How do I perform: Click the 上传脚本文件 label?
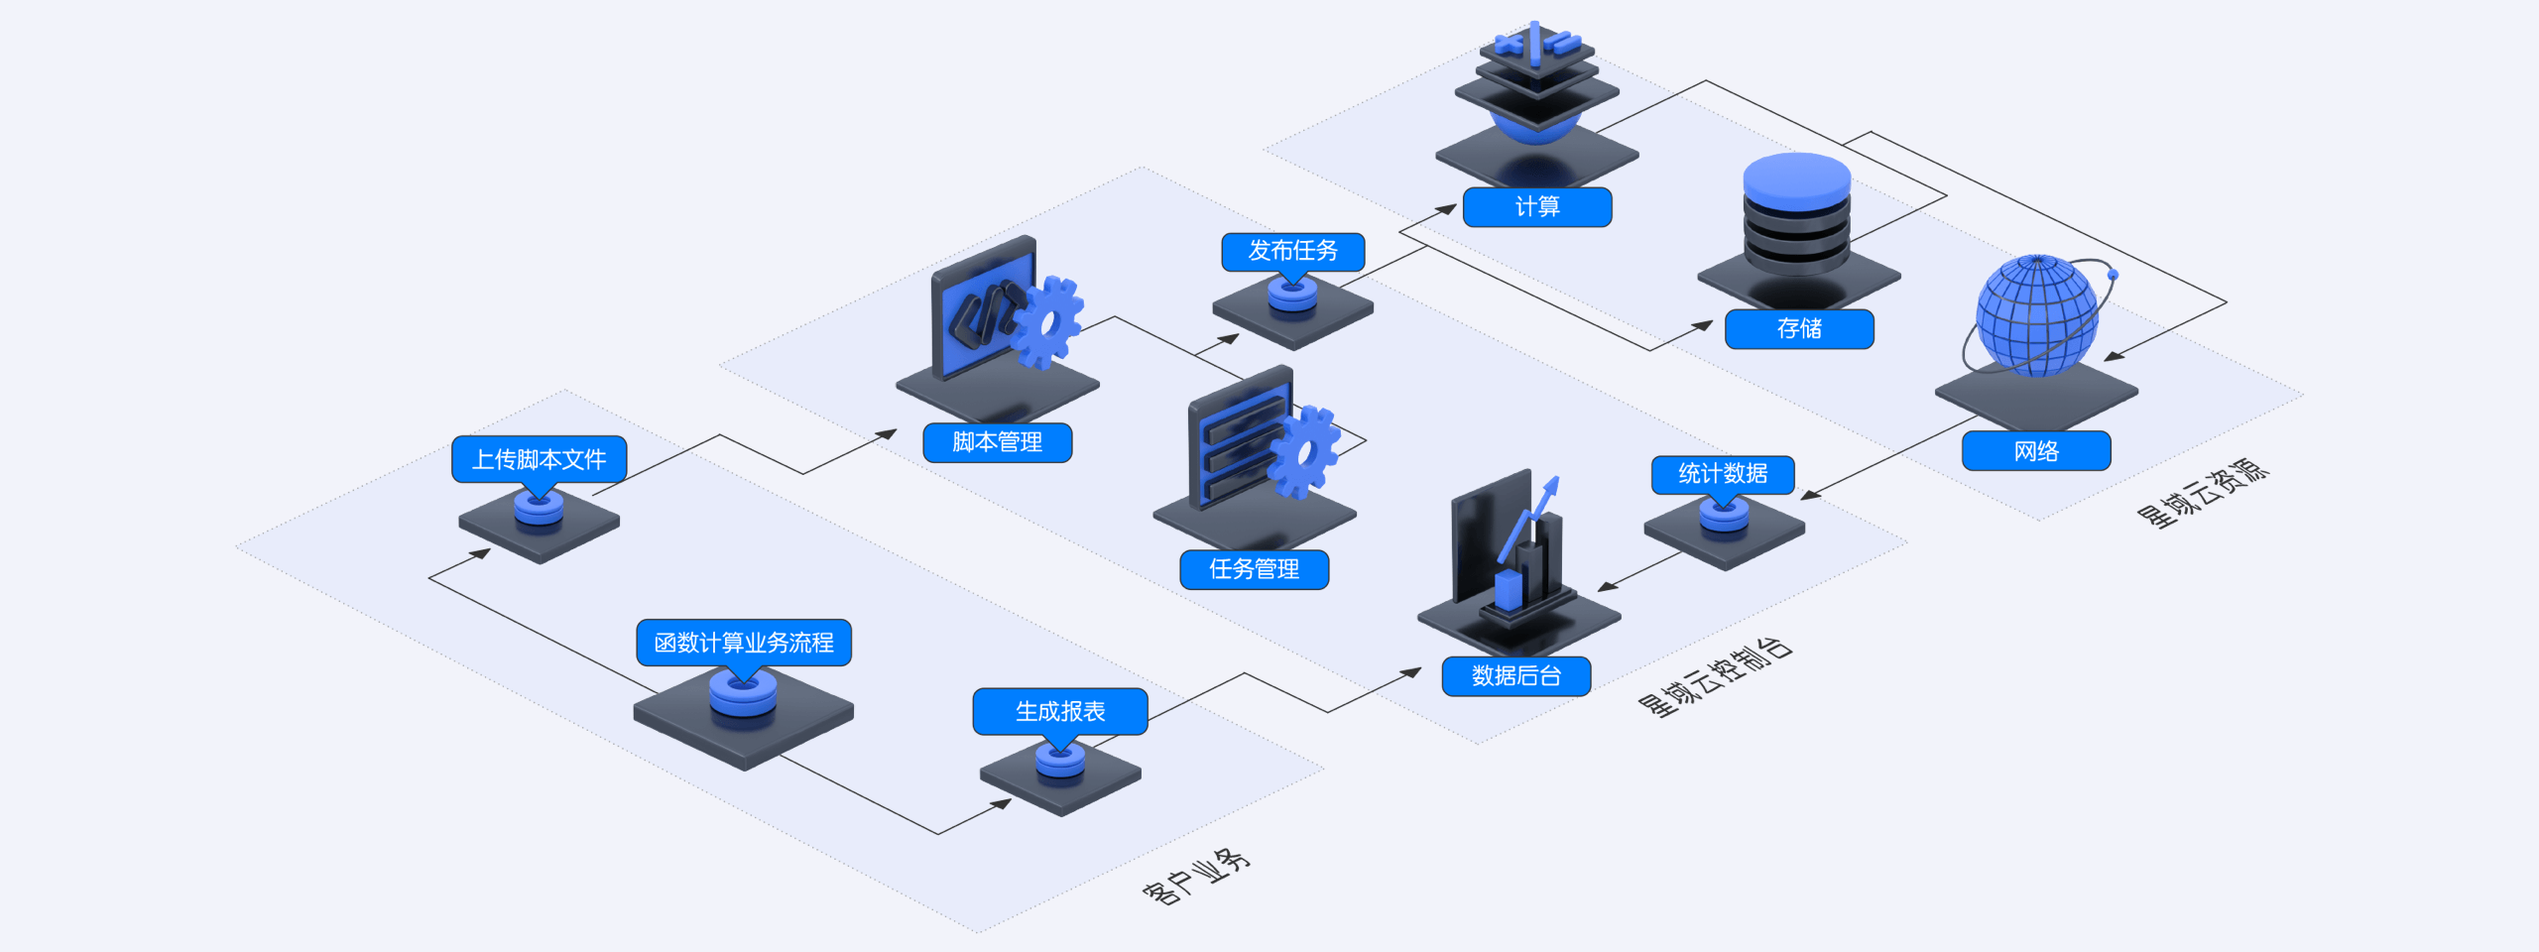click(x=539, y=459)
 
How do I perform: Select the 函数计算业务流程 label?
click(x=744, y=643)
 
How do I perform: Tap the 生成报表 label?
click(x=1060, y=711)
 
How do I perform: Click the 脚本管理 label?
click(x=997, y=442)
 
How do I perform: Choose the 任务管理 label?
click(x=1254, y=569)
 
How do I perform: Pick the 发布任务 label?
click(x=1292, y=251)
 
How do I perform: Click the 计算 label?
click(x=1537, y=207)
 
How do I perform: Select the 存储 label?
click(x=1799, y=329)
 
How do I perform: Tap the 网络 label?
click(x=2036, y=451)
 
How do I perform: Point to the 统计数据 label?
click(x=1723, y=474)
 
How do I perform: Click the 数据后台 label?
click(x=1516, y=676)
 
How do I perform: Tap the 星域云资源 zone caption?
click(x=2203, y=494)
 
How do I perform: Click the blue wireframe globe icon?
click(x=2036, y=315)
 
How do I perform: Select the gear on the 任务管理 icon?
click(x=1305, y=452)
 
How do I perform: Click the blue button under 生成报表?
click(x=1060, y=761)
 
